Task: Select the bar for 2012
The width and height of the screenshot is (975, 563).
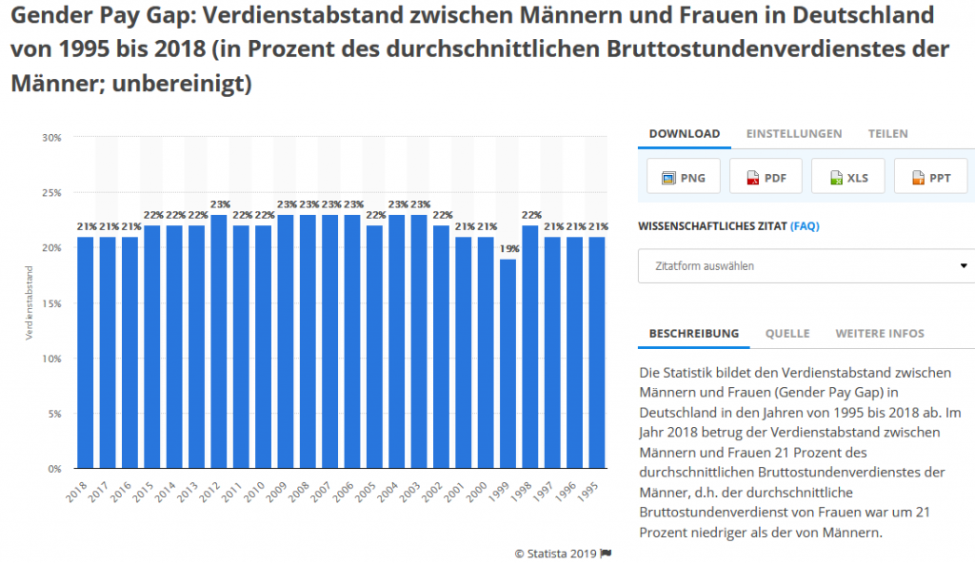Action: point(219,341)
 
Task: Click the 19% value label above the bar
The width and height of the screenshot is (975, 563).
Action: point(509,249)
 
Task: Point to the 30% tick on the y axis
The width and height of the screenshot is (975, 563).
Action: point(51,138)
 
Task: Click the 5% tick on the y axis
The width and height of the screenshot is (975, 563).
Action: point(53,415)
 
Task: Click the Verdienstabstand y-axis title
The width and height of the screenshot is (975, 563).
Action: point(30,303)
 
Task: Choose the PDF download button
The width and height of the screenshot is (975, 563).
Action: point(766,177)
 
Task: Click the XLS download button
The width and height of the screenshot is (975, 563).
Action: point(847,177)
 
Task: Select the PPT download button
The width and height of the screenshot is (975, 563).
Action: point(930,177)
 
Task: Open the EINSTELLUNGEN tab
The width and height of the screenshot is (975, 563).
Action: point(793,134)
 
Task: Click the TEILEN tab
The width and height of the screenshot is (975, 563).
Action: point(887,134)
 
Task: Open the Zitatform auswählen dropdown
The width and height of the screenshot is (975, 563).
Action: point(806,266)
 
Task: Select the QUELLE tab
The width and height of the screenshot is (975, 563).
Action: point(787,334)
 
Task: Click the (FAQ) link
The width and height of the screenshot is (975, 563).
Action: point(805,226)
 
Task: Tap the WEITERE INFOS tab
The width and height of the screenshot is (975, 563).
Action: point(879,334)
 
